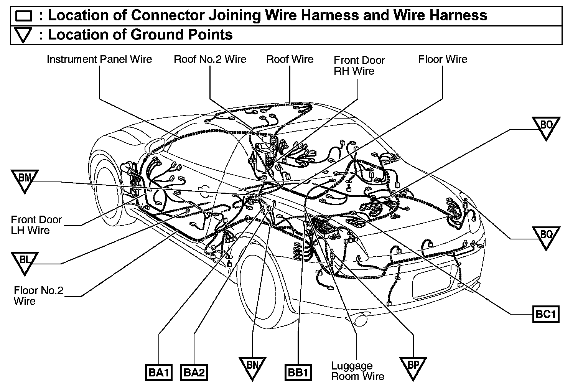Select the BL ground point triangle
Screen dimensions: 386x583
[25, 262]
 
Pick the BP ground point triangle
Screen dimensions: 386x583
[413, 367]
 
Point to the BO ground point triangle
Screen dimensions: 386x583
[546, 127]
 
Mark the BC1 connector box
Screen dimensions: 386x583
[545, 315]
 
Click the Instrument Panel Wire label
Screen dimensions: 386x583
[99, 59]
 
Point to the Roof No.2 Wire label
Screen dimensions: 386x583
[210, 59]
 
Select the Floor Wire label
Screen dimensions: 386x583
[443, 59]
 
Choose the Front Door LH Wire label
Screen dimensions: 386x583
[36, 225]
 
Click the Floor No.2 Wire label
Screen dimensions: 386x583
[38, 295]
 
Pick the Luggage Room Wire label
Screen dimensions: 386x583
[357, 371]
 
